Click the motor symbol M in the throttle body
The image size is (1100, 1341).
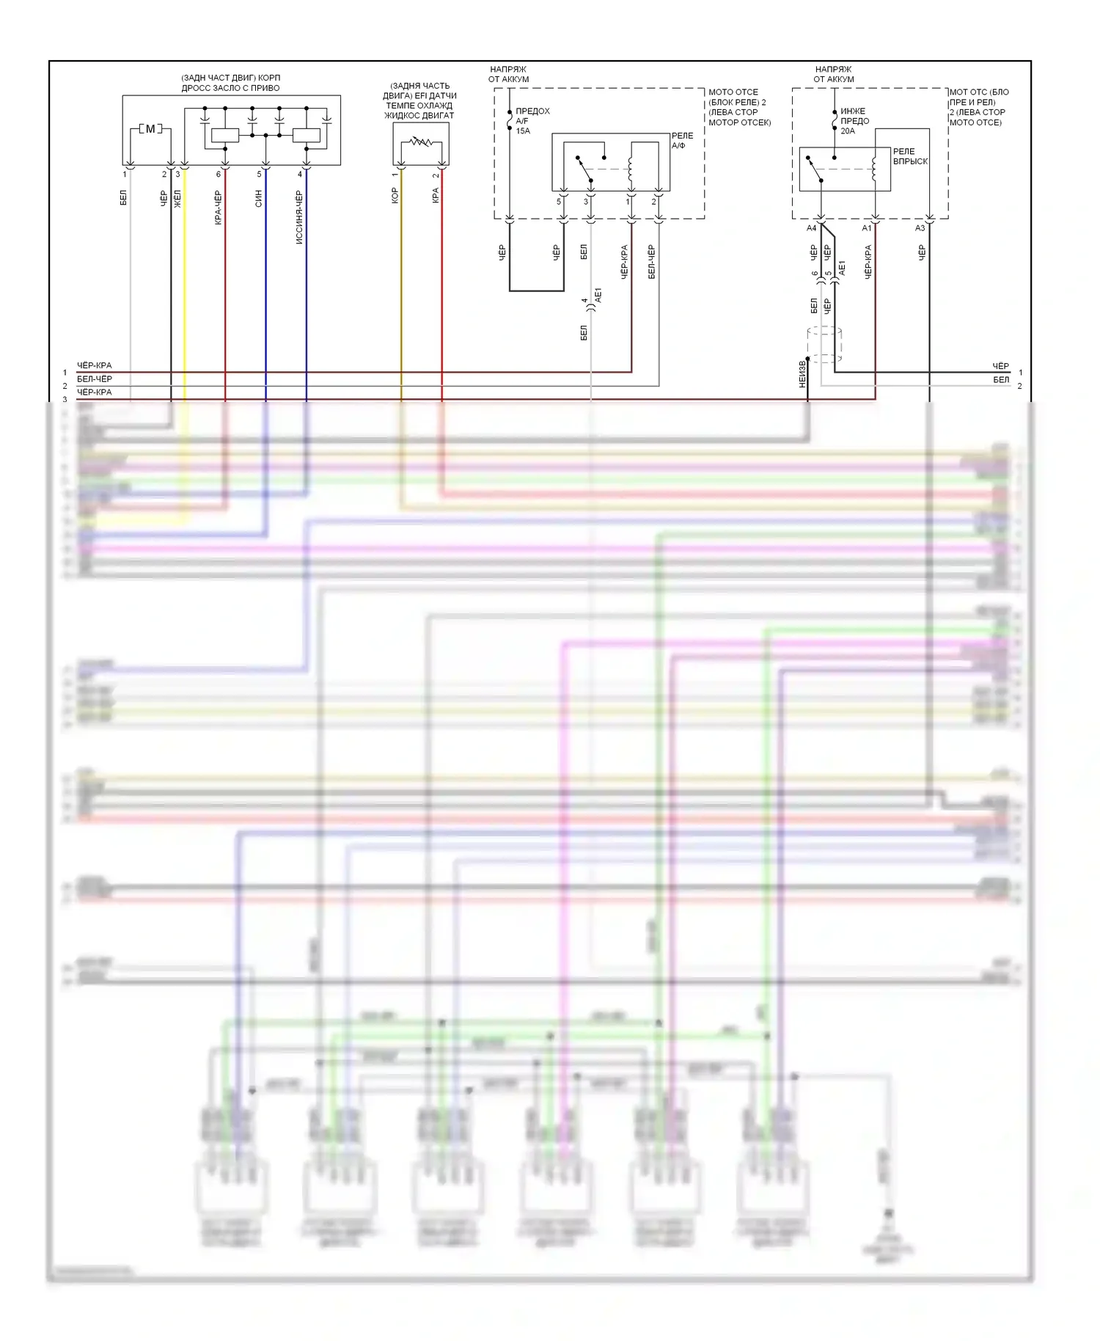[150, 129]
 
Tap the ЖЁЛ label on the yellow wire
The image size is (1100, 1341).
[177, 198]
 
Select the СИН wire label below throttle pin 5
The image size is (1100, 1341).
[259, 198]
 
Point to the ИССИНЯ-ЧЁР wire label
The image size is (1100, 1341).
[299, 217]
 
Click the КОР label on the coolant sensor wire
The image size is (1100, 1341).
[395, 195]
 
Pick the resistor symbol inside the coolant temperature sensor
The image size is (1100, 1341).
[421, 142]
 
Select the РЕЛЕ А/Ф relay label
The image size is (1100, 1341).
[682, 140]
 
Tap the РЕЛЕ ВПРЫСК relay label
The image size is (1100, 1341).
[910, 156]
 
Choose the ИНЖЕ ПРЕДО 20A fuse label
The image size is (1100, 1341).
[854, 121]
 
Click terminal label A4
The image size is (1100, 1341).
[811, 228]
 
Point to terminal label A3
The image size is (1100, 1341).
[920, 228]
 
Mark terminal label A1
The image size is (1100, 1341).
[866, 228]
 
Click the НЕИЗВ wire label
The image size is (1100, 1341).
[802, 374]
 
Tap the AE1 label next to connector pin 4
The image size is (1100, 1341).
[598, 296]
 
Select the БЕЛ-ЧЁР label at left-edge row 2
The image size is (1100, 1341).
[95, 379]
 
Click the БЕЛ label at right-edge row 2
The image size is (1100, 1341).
[1001, 380]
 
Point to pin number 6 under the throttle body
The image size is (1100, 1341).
[219, 175]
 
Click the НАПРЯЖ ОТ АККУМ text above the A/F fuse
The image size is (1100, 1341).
[509, 74]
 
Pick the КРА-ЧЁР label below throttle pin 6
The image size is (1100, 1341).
[219, 208]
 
